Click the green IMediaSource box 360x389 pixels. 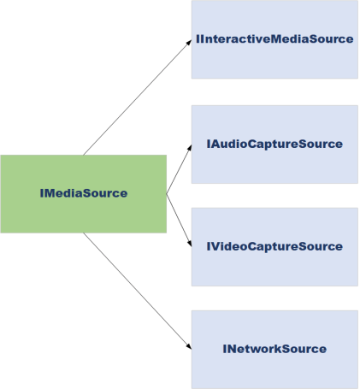coord(84,194)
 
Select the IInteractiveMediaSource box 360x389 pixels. coord(274,39)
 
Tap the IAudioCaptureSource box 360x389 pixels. coord(274,144)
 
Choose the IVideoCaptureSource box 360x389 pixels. coord(274,247)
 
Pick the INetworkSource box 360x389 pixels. coord(274,350)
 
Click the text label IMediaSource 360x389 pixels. coord(84,193)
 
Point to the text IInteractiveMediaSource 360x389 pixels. coord(274,39)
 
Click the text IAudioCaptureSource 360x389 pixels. coord(274,144)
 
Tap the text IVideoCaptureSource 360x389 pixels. coord(274,246)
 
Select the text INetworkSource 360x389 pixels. coord(274,349)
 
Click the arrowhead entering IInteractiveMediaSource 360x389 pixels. coord(189,43)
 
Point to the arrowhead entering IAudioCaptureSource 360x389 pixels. coord(190,148)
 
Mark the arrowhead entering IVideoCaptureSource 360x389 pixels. coord(189,244)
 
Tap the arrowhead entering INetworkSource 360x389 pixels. coord(189,346)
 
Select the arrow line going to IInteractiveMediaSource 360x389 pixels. coord(138,97)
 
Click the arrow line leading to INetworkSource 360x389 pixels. coord(138,291)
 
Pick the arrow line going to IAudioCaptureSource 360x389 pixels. coord(179,169)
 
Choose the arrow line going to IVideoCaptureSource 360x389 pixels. coord(179,221)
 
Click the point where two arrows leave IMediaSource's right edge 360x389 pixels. coord(167,194)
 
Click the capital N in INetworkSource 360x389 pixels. coord(230,349)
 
